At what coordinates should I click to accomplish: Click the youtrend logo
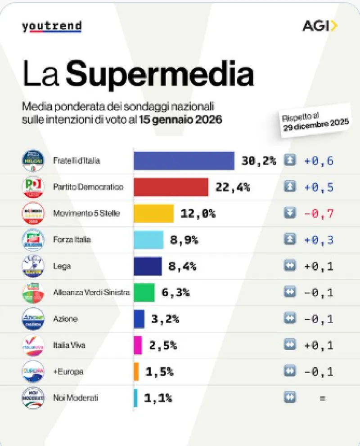point(51,27)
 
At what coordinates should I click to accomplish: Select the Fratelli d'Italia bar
point(184,161)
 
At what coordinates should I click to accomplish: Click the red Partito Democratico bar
point(171,187)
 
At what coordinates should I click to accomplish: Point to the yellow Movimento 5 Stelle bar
point(153,213)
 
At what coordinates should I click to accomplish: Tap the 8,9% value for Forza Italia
point(184,240)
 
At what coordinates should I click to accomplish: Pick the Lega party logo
point(33,266)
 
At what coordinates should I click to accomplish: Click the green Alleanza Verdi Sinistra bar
point(144,293)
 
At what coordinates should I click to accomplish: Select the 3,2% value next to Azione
point(165,319)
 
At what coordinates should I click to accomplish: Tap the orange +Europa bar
point(136,372)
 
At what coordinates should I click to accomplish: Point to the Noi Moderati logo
point(33,398)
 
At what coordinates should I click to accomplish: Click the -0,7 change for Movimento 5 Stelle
point(319,213)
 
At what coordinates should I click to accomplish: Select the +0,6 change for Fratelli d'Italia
point(319,161)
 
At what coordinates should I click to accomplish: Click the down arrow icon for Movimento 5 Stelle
point(290,213)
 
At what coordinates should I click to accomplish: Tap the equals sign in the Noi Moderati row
point(322,398)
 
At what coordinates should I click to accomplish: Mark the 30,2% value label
point(258,161)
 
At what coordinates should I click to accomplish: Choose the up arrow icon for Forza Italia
point(290,240)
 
